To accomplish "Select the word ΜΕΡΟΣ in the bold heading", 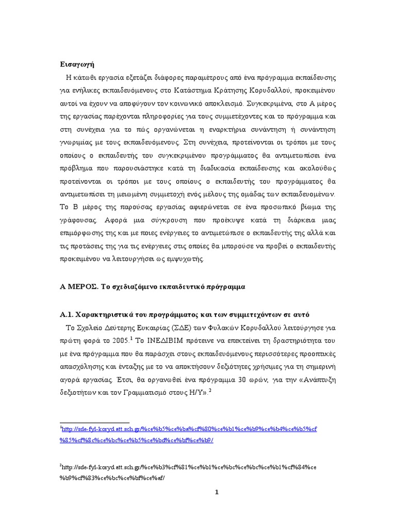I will pos(81,287).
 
